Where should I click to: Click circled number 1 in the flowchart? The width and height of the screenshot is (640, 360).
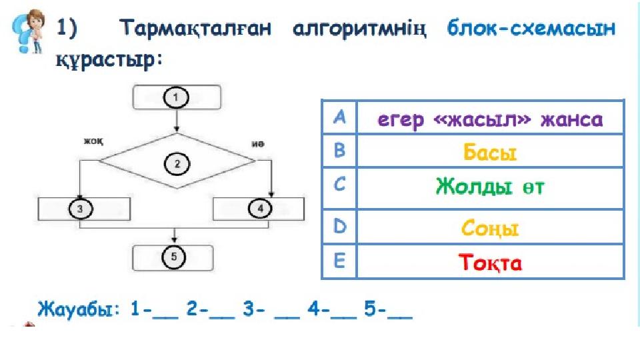click(x=177, y=97)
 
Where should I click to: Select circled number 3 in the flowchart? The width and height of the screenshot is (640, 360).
click(x=80, y=209)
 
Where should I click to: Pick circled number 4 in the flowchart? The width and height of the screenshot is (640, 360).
click(x=261, y=209)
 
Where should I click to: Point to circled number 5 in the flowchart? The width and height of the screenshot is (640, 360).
click(x=173, y=257)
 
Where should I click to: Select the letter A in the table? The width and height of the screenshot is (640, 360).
click(x=339, y=119)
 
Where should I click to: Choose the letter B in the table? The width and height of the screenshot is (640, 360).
click(x=339, y=152)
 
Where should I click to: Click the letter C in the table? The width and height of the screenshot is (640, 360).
click(x=339, y=186)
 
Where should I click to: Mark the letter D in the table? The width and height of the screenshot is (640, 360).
click(x=339, y=227)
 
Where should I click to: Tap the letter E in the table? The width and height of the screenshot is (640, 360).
click(x=339, y=262)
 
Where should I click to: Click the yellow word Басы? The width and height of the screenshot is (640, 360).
click(x=490, y=153)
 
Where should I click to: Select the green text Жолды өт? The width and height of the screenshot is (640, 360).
click(x=490, y=187)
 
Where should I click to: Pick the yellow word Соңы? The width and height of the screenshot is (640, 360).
click(x=490, y=229)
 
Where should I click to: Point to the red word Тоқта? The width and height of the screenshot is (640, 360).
click(x=490, y=263)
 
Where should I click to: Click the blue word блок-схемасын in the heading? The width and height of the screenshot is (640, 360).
click(x=531, y=29)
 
